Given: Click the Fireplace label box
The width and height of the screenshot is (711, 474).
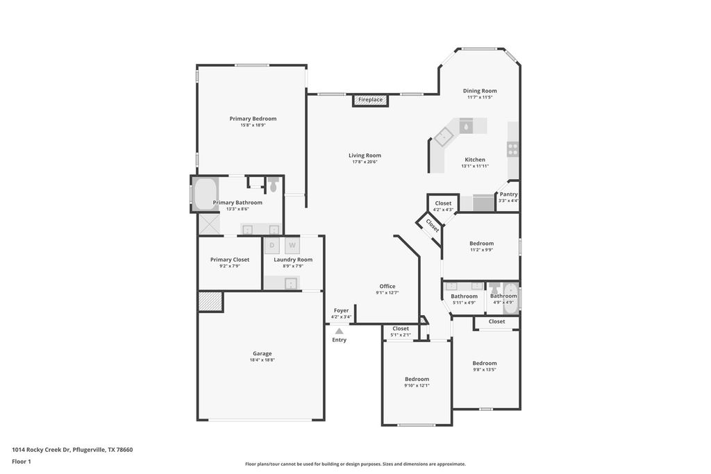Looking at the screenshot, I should (370, 100).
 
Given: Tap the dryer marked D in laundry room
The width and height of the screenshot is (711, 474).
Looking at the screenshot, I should (272, 246).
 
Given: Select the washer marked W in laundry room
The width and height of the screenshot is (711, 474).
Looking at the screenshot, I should (292, 246).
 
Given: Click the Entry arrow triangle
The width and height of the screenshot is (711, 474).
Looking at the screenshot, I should (339, 332).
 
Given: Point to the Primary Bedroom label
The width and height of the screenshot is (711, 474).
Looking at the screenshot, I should (253, 119).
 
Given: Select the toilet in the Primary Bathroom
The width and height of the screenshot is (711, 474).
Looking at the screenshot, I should (274, 185).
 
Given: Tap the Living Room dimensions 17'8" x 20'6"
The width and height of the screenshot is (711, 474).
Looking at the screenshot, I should (365, 162).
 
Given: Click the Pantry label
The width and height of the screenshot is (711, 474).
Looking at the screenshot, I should (508, 194).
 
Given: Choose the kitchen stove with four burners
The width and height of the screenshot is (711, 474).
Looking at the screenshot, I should (512, 148).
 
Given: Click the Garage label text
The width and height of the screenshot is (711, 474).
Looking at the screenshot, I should (262, 353).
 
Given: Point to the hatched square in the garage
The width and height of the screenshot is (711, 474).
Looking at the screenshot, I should (210, 301).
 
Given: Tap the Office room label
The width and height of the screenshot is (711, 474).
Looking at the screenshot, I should (387, 286).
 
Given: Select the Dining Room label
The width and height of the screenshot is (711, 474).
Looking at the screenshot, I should (480, 91).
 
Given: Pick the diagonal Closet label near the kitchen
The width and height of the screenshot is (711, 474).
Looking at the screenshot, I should (432, 225).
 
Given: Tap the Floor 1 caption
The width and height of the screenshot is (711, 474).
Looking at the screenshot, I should (22, 461).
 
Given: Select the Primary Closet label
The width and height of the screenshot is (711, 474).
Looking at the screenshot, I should (229, 260).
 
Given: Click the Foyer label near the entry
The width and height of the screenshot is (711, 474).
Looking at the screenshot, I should (341, 310).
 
